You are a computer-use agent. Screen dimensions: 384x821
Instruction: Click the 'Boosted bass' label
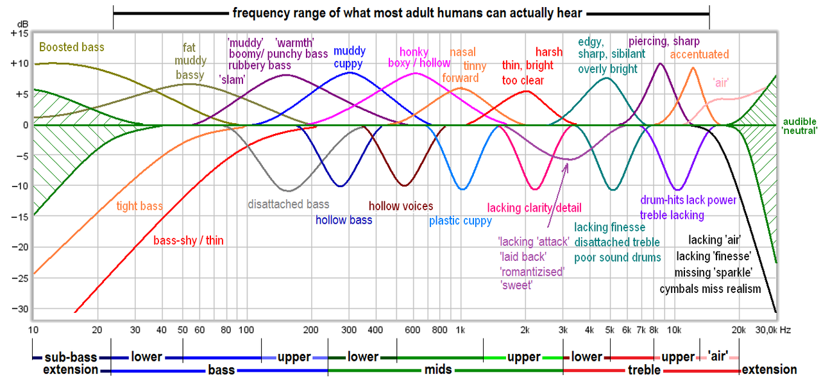pos(71,47)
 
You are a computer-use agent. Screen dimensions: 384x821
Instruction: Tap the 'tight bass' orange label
pos(139,206)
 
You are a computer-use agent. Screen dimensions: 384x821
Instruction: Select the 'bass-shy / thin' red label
pos(189,241)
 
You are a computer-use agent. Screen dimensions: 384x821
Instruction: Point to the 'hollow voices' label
pos(401,206)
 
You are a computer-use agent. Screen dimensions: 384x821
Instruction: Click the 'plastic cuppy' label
pos(461,221)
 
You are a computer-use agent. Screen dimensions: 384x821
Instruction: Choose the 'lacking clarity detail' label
pos(534,208)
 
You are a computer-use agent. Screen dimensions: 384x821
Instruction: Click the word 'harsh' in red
pos(548,53)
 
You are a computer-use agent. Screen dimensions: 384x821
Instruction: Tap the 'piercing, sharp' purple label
pos(655,42)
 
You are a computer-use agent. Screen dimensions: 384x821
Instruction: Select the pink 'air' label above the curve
pos(720,83)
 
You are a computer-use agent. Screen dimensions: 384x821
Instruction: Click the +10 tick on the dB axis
pos(19,63)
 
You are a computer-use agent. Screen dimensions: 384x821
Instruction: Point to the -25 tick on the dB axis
pos(19,278)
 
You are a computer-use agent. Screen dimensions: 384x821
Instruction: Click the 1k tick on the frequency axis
pos(460,330)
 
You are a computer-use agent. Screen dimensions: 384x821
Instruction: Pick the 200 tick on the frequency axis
pos(311,330)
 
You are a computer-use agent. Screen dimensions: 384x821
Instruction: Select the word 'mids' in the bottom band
pos(436,370)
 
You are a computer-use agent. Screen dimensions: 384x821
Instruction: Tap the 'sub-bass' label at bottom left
pos(66,356)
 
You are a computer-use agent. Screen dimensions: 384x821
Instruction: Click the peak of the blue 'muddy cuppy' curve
pos(350,72)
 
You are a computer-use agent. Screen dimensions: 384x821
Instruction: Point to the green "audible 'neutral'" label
pos(800,126)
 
